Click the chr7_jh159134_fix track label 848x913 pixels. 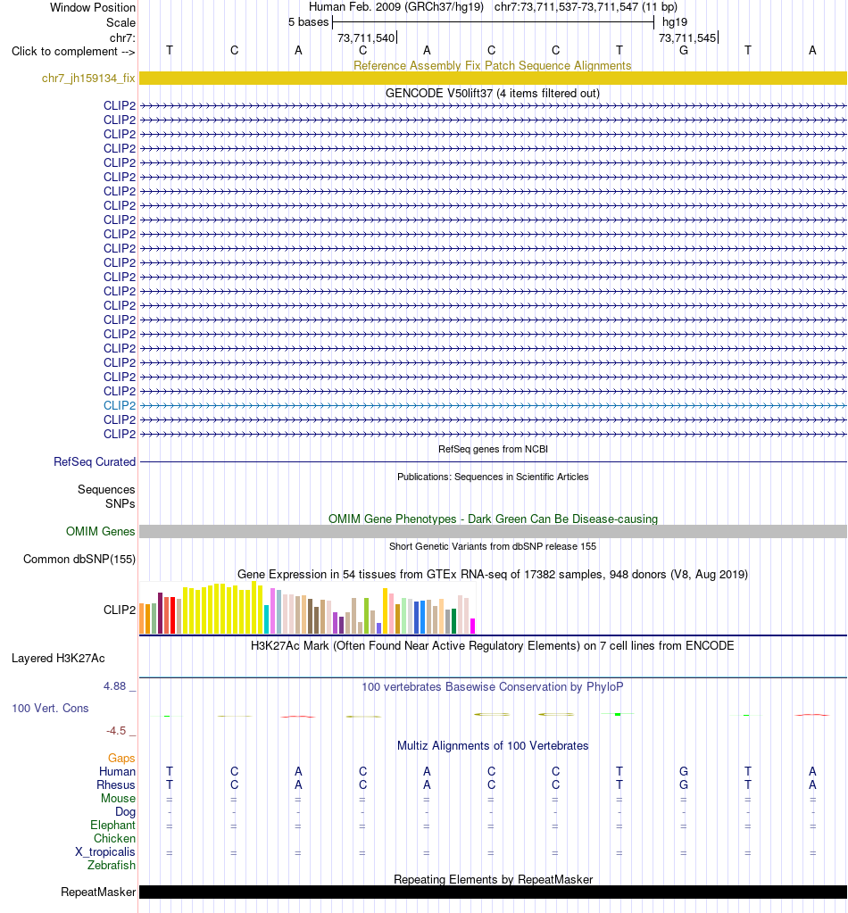(88, 78)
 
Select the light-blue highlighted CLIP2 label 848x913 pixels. (120, 405)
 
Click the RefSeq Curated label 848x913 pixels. (95, 461)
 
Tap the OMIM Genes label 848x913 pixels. (100, 531)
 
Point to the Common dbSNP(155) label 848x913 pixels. (79, 559)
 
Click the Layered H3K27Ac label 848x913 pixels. (58, 658)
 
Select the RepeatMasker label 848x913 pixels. (98, 892)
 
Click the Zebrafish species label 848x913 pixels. (112, 866)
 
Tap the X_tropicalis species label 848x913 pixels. (104, 851)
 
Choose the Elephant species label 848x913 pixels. (112, 825)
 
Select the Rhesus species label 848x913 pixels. (116, 784)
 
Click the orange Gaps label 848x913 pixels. (121, 758)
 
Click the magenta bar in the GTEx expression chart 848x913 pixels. (473, 626)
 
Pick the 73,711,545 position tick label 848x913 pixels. (687, 37)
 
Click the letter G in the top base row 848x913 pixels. (684, 51)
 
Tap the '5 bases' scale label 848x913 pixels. (309, 22)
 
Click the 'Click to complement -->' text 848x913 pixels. (73, 51)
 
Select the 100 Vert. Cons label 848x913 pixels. (50, 708)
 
